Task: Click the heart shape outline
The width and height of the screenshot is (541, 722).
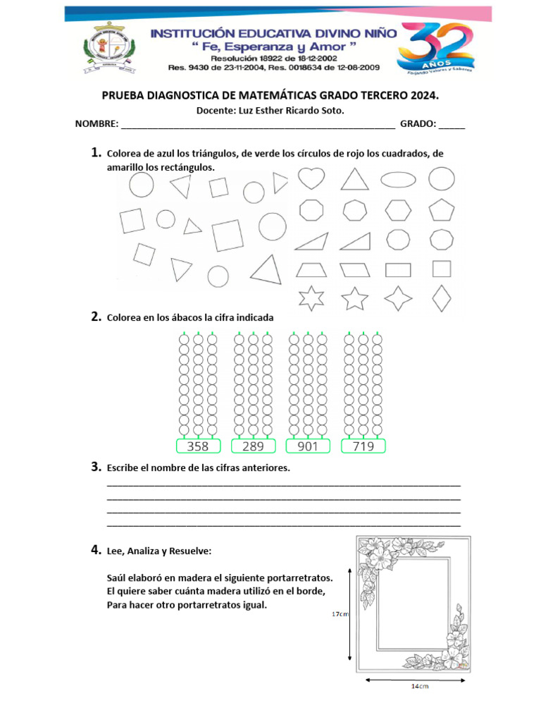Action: coord(311,178)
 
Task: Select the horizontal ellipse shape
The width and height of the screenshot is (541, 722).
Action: coord(399,179)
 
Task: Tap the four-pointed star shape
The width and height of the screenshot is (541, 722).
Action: coord(398,298)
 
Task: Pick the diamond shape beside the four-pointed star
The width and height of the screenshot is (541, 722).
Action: coord(442,298)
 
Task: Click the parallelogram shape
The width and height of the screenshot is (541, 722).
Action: coord(355,269)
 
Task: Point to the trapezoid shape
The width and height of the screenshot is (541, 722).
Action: coord(311,269)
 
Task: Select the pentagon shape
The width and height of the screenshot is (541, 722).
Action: coord(442,209)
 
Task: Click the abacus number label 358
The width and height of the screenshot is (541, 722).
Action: coord(197,446)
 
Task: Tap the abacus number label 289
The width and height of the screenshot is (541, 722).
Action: coord(253,446)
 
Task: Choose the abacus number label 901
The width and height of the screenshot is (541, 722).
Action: coord(308,446)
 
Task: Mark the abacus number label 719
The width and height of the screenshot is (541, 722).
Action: coord(363,446)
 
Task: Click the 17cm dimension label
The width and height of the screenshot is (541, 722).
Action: coord(340,614)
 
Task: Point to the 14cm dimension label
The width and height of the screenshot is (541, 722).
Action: coord(420,685)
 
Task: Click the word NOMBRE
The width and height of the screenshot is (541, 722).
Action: coord(97,124)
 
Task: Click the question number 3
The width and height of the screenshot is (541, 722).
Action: coord(95,467)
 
